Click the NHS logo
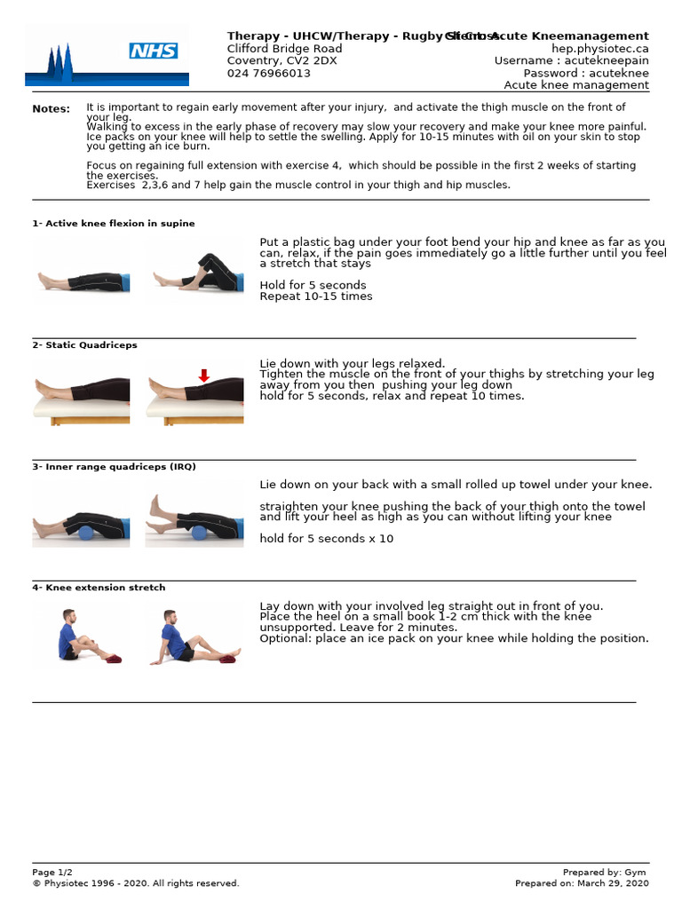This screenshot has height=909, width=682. tap(154, 51)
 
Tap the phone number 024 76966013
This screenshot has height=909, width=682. tap(269, 74)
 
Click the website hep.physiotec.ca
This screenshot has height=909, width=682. tap(599, 49)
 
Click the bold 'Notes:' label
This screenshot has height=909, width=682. tap(51, 109)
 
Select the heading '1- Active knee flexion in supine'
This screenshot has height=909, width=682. tap(114, 224)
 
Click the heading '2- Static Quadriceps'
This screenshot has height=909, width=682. tap(85, 345)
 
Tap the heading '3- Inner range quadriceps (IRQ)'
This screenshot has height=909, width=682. tap(115, 467)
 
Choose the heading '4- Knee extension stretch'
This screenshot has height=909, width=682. tap(99, 588)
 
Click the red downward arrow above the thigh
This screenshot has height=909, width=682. tap(203, 376)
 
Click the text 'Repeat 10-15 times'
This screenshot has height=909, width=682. tap(316, 296)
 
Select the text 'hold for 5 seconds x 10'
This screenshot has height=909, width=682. tap(326, 539)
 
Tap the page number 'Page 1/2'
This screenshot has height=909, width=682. tap(55, 873)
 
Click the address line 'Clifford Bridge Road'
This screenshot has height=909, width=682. tap(284, 49)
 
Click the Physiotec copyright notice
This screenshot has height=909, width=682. tap(136, 883)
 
